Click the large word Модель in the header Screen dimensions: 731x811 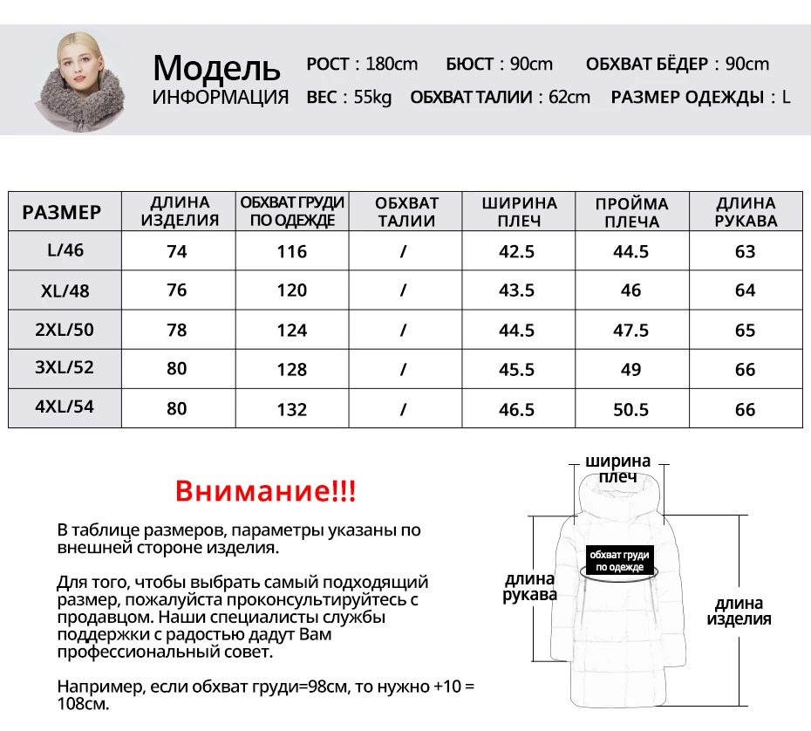[216, 67]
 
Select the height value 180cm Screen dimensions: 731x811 [392, 64]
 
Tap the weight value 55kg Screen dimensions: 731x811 [372, 97]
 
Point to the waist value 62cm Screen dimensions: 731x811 [569, 97]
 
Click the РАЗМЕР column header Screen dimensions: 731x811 [62, 212]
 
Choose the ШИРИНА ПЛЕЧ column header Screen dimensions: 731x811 [519, 212]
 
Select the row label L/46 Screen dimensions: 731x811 [65, 250]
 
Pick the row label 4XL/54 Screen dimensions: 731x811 [65, 406]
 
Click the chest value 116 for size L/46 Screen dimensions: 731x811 [292, 252]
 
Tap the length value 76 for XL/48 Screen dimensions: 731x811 [177, 290]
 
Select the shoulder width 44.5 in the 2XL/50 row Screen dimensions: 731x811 [516, 330]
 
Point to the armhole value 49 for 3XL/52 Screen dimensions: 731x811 [631, 369]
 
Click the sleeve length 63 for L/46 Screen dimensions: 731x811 [745, 252]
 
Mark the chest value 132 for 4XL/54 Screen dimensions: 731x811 [292, 409]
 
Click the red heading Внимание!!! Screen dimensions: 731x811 [265, 491]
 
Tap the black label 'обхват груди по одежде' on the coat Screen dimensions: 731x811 [619, 561]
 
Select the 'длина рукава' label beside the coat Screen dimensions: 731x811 [529, 587]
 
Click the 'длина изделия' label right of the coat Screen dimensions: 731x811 [739, 611]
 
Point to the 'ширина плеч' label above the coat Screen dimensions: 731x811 [617, 468]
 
